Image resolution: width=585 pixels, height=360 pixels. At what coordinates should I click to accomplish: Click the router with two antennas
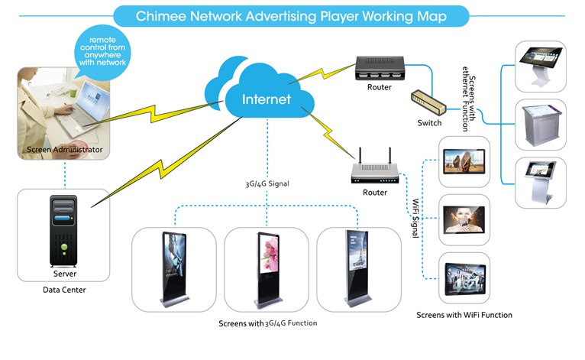pos(375,172)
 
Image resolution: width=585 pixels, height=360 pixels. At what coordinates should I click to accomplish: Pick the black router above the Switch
pos(379,67)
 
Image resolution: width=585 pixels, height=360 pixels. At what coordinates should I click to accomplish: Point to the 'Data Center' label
pos(65,290)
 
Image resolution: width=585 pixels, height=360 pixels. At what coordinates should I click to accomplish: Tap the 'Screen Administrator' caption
pos(65,149)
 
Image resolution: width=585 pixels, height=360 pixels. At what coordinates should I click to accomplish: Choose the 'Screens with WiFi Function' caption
pos(464,315)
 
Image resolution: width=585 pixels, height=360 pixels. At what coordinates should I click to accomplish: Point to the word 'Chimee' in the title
pos(163,15)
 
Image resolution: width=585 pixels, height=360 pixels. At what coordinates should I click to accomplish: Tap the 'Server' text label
pos(65,273)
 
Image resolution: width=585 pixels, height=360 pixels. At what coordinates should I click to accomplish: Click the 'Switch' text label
pos(429,123)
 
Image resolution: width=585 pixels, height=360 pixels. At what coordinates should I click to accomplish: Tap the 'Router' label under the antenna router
pos(375,193)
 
